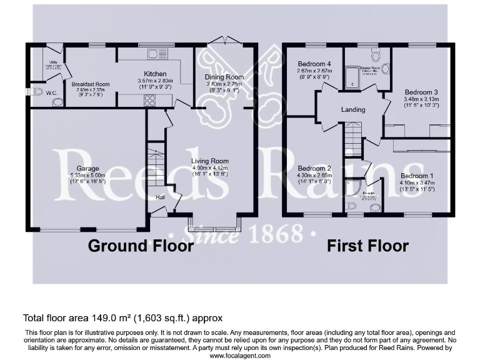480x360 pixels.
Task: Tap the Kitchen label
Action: pos(154,74)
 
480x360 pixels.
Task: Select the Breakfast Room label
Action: pos(90,84)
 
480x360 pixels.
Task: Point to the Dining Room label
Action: pos(224,77)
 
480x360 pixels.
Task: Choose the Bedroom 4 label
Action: pos(314,64)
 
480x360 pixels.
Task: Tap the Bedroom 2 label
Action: pos(314,169)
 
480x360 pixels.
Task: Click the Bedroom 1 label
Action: pos(417,176)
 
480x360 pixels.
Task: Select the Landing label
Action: pos(353,110)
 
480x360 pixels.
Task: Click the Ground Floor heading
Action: pos(141,246)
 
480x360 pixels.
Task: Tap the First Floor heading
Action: pos(367,246)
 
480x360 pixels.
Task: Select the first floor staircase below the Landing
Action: pos(353,139)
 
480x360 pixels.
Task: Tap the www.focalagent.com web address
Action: pos(240,356)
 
